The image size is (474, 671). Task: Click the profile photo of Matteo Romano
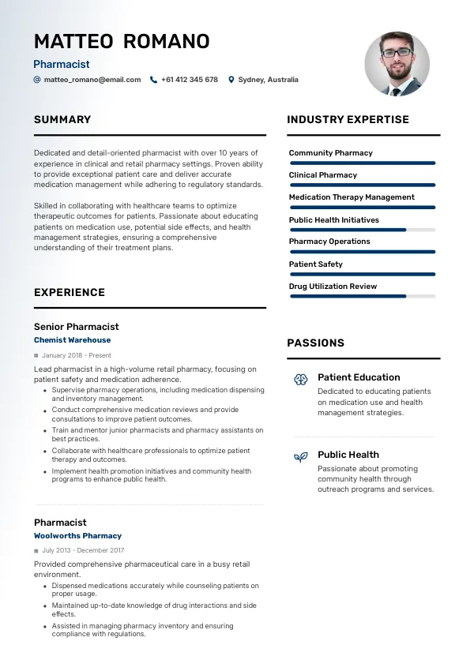[397, 64]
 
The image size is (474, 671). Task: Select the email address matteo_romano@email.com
[92, 80]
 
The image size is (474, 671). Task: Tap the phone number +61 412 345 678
[189, 80]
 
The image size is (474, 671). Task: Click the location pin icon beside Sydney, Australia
[231, 80]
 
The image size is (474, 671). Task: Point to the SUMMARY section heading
[62, 120]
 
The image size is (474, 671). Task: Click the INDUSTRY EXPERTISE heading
[348, 120]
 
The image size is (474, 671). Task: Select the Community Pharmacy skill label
[330, 153]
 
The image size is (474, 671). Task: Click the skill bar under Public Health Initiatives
[363, 230]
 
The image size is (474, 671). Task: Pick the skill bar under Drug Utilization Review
[363, 296]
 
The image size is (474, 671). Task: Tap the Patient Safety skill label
[315, 264]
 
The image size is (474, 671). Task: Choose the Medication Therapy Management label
[352, 197]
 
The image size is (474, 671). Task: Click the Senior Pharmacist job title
[77, 327]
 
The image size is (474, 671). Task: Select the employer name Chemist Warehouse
[72, 340]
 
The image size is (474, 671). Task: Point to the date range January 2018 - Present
[77, 355]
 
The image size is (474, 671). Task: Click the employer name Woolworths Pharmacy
[77, 536]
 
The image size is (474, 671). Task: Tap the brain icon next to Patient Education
[300, 380]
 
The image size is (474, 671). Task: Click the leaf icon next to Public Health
[300, 457]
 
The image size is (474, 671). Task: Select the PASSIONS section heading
[315, 343]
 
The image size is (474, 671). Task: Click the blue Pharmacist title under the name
[62, 65]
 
